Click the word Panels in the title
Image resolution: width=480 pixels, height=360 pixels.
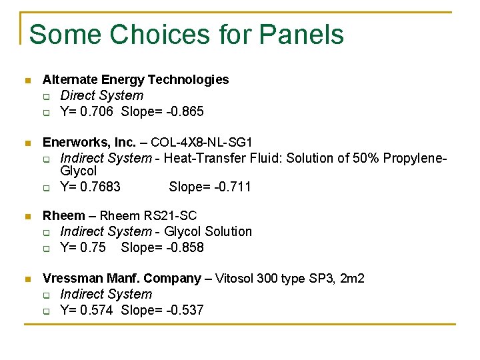coord(301,34)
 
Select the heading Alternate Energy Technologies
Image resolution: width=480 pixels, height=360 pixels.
coord(135,80)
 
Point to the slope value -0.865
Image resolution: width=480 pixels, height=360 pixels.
coord(183,111)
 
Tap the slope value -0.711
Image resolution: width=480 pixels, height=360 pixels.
coord(230,187)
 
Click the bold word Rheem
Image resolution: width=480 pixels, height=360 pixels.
coord(64,215)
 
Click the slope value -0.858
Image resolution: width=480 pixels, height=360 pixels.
coord(183,247)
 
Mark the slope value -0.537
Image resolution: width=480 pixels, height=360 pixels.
coord(183,310)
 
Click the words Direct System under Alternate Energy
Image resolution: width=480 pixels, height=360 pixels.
coord(101,95)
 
